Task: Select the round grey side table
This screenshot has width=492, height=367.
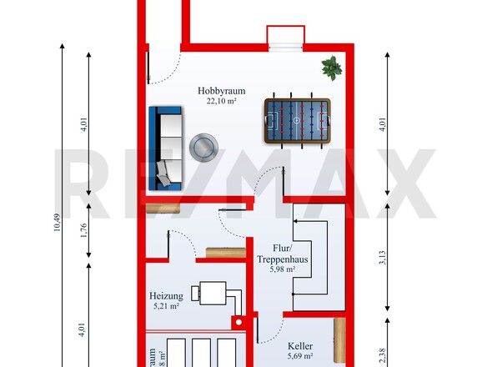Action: pos(203,148)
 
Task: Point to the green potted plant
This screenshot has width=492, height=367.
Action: pos(332,67)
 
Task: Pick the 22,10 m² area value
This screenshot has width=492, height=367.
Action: pos(222,101)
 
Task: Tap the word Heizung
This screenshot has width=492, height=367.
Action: pos(167,295)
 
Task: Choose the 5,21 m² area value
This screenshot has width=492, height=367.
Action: pos(167,306)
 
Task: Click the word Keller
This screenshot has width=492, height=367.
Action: pos(300,344)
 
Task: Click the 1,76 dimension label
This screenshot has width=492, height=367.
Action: pos(84,231)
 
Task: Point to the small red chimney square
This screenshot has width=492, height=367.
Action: pos(238,320)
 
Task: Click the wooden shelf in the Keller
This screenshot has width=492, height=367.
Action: pos(339,342)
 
